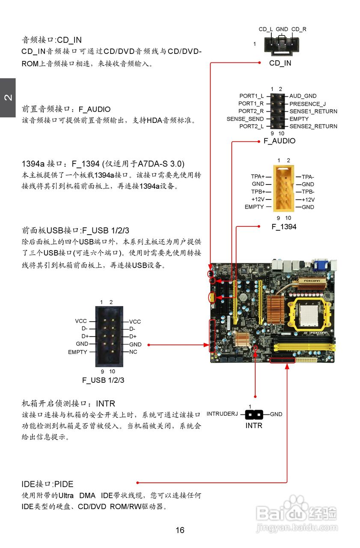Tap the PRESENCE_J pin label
(x=307, y=104)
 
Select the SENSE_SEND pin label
(x=245, y=119)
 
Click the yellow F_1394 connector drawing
(x=283, y=189)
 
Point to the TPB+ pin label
(x=258, y=191)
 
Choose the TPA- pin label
(x=308, y=176)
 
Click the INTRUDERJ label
(x=222, y=414)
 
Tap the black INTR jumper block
(x=254, y=414)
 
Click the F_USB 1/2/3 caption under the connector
(x=103, y=380)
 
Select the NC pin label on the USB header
(x=133, y=352)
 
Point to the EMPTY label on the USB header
(x=77, y=352)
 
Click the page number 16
(x=180, y=530)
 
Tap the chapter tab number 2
(x=8, y=98)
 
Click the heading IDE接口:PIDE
(x=48, y=484)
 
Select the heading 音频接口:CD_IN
(x=51, y=40)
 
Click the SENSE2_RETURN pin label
(x=313, y=126)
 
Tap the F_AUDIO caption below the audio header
(x=279, y=141)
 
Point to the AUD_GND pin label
(x=303, y=96)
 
